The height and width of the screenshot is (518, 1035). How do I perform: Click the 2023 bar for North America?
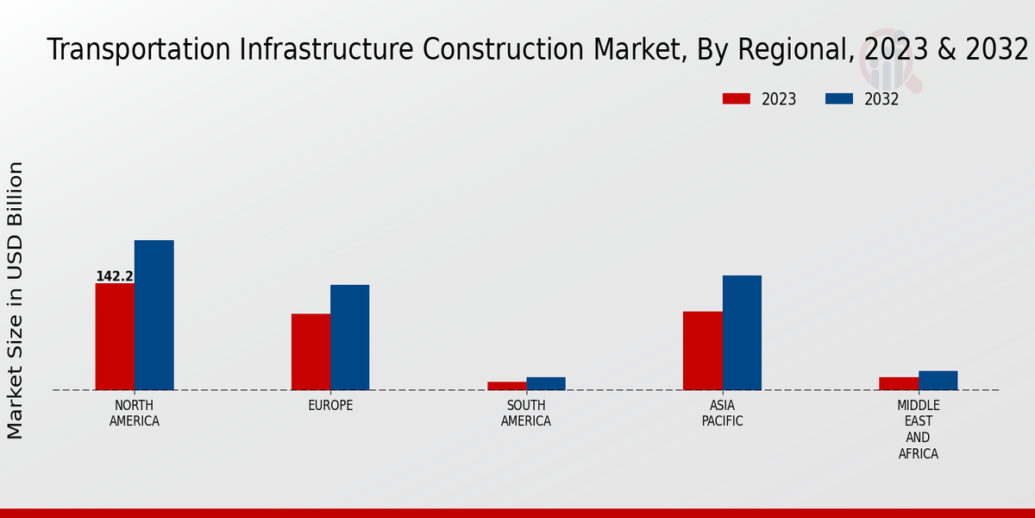pos(115,337)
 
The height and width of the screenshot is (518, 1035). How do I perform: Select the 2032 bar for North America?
pos(154,315)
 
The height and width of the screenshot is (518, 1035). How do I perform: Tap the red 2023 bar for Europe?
pos(310,351)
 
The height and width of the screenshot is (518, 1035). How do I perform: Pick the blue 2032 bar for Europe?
pos(349,338)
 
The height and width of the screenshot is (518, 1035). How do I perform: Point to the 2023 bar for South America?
pos(506,386)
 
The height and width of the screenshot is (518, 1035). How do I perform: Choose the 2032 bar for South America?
pos(546,383)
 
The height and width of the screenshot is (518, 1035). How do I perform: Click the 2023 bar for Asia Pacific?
pos(702,351)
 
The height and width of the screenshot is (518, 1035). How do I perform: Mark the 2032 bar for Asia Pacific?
pos(742,332)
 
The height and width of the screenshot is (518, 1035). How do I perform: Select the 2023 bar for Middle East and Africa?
pos(899,383)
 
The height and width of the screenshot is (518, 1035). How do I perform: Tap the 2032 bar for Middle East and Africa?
pos(938,381)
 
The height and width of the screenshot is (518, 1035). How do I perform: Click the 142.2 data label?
pos(115,276)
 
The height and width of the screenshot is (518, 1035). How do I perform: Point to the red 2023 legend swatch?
pos(736,99)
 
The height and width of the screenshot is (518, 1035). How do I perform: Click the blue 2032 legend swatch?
pos(838,99)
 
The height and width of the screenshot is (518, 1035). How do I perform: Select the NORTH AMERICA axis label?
pos(135,414)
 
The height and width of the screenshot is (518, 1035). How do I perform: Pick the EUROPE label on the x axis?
pos(330,406)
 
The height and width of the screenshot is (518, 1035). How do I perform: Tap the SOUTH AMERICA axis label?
pos(526,414)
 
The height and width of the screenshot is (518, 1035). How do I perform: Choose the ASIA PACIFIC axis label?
pos(722,414)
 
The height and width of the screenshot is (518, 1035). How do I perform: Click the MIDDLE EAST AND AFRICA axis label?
pos(919,430)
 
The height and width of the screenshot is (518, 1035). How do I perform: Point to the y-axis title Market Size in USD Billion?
pos(16,300)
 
